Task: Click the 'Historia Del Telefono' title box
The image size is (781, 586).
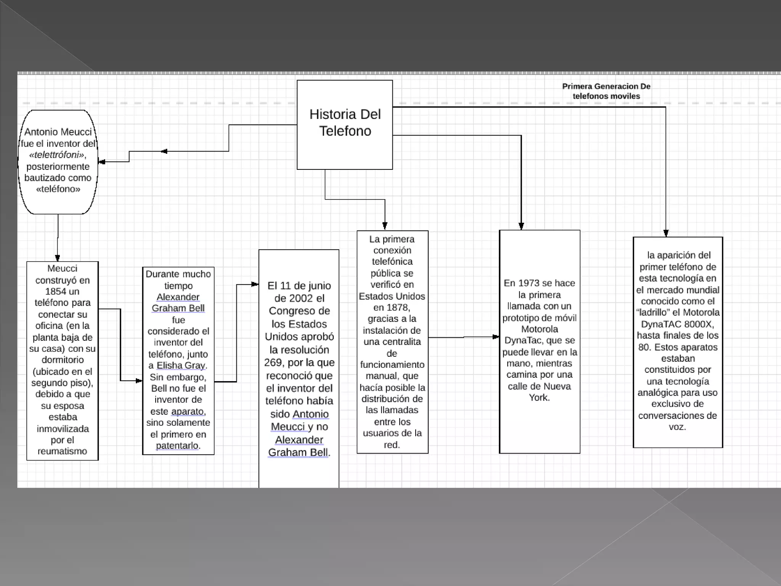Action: [x=345, y=124]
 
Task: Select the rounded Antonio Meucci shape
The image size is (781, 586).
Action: [x=58, y=162]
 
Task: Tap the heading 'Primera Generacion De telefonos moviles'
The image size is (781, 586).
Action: [x=606, y=91]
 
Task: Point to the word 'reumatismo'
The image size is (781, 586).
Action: [x=62, y=451]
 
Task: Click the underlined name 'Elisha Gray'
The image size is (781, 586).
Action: [x=181, y=365]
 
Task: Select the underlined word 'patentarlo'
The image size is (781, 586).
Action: [x=177, y=446]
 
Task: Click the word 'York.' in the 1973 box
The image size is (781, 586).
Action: [x=539, y=398]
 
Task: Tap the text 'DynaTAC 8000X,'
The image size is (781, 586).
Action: [x=677, y=324]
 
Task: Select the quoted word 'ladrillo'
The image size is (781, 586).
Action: [x=653, y=312]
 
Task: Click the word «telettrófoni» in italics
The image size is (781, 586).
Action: [x=58, y=155]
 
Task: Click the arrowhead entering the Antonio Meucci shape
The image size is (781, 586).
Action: [x=102, y=162]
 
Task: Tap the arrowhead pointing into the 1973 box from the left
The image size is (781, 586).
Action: [x=496, y=337]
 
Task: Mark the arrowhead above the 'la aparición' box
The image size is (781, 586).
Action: [x=666, y=233]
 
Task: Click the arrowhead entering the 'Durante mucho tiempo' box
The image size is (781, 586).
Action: [x=139, y=381]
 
